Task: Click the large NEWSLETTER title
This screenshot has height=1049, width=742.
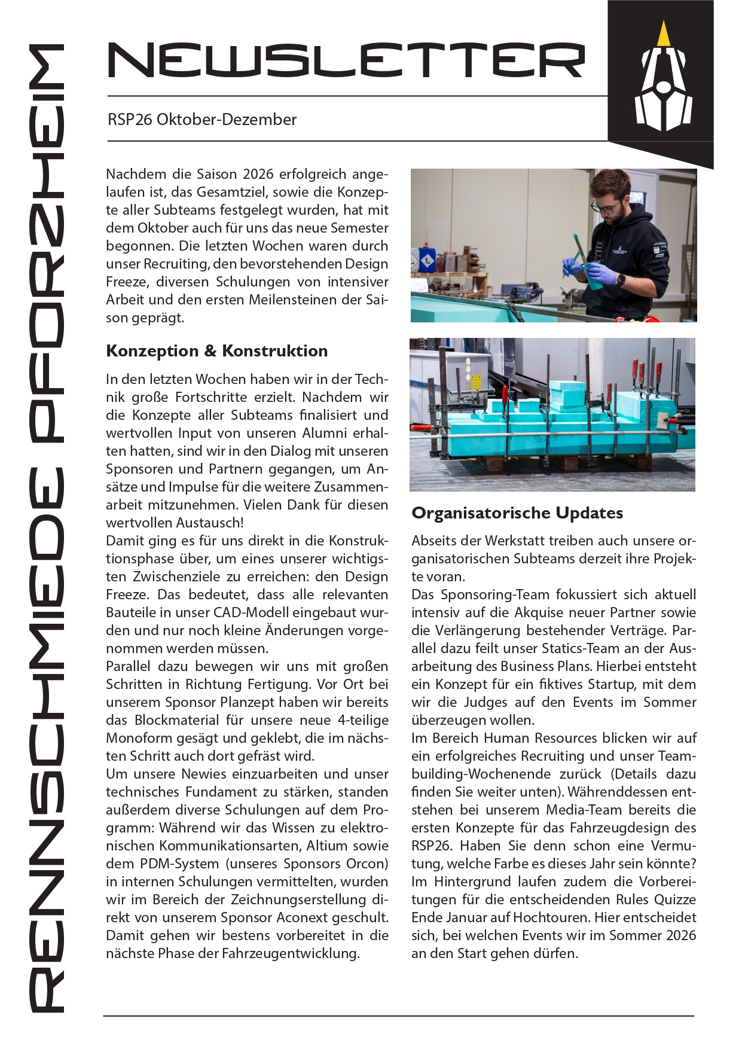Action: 346,60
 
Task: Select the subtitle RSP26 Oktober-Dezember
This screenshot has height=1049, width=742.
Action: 202,120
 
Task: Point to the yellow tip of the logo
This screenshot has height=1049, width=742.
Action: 662,35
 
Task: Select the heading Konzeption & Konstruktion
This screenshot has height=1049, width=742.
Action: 216,351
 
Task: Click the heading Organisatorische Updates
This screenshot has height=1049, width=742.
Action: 517,513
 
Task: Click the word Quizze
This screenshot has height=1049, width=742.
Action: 675,899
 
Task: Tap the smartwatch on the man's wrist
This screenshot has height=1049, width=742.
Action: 621,279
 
